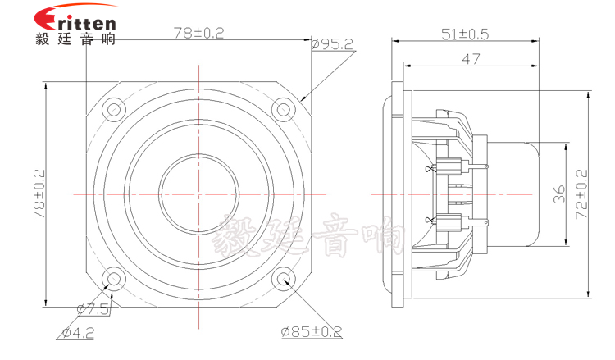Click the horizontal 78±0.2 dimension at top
coord(198,33)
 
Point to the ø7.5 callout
coord(92,308)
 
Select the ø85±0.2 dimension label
coord(310,332)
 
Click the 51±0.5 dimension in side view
coord(465,34)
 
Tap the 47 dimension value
coord(470,58)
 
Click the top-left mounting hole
coord(112,108)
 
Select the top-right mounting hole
coord(283,108)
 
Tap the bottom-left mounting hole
coord(112,279)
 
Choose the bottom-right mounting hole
coord(283,279)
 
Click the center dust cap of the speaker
coord(198,194)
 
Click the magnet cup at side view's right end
coord(515,194)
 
